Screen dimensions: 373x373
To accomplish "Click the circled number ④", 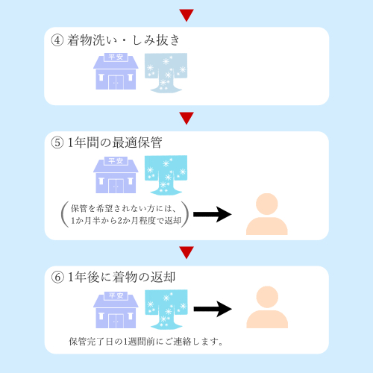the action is point(57,40).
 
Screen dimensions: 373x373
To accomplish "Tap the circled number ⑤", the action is point(57,142).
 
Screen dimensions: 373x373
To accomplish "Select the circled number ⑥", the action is point(57,278).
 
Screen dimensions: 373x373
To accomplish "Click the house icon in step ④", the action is point(116,71).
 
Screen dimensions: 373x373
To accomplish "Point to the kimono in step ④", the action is point(166,73).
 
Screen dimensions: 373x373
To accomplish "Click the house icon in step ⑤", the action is point(116,175).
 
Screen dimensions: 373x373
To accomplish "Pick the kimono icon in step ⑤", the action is point(166,175).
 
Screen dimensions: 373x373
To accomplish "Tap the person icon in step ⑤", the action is point(267,214).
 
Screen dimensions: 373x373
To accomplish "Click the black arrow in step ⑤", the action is point(213,214).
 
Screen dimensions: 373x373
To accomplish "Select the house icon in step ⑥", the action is point(116,310).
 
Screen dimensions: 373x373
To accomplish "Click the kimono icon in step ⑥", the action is point(166,310).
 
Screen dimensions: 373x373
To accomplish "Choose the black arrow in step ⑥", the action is point(213,309).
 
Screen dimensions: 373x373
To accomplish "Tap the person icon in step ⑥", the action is point(267,307).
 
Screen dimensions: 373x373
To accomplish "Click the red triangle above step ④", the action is point(186,15).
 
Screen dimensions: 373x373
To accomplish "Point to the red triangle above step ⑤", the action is point(186,118).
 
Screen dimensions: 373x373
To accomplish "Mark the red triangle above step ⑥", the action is point(186,252).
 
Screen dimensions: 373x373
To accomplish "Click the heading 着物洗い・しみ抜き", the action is point(123,40).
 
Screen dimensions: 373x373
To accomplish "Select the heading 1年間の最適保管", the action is point(115,142).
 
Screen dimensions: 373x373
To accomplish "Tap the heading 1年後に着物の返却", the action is point(122,278).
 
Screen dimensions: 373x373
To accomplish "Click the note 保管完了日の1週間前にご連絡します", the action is point(146,342).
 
